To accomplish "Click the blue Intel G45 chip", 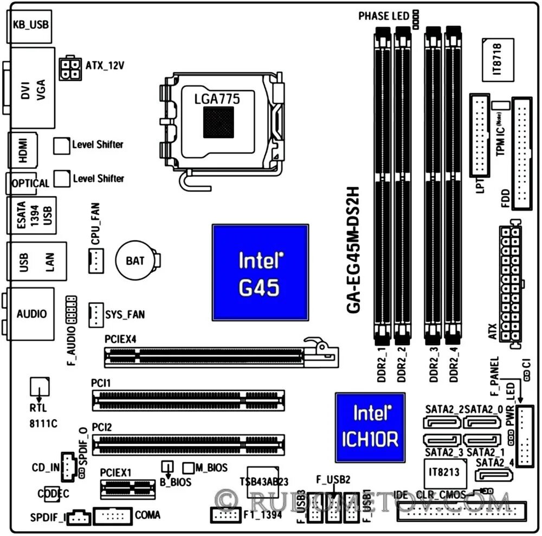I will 260,271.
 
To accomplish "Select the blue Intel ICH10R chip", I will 370,427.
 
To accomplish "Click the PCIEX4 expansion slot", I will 217,355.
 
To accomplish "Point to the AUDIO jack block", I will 31,314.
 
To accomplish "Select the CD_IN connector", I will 68,467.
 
